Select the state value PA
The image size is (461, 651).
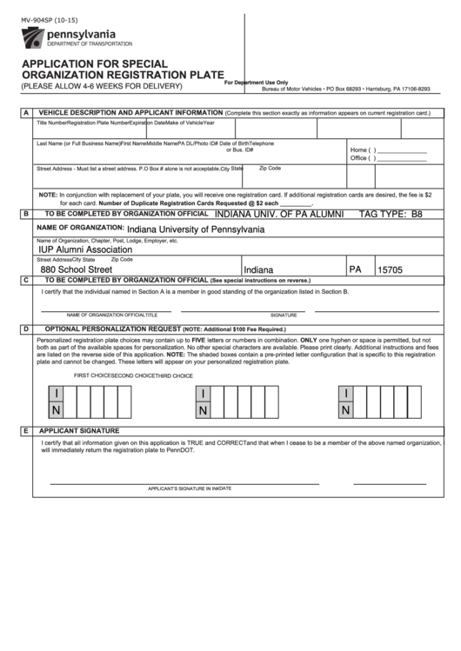[x=356, y=269]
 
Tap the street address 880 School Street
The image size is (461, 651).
[x=77, y=270]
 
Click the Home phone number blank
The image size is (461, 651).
[x=400, y=149]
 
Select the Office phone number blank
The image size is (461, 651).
[x=400, y=158]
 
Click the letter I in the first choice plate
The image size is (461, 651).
[x=57, y=394]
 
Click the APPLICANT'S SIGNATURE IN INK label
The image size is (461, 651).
[x=184, y=489]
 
